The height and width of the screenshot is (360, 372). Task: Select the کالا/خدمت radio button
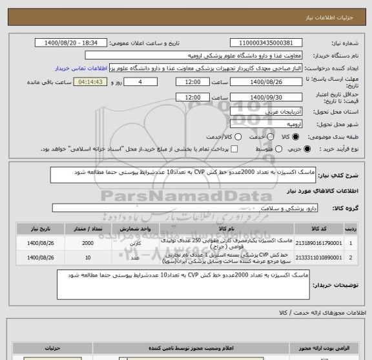238,137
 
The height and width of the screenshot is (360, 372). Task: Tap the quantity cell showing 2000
87,244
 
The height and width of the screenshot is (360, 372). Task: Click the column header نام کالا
226,228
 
